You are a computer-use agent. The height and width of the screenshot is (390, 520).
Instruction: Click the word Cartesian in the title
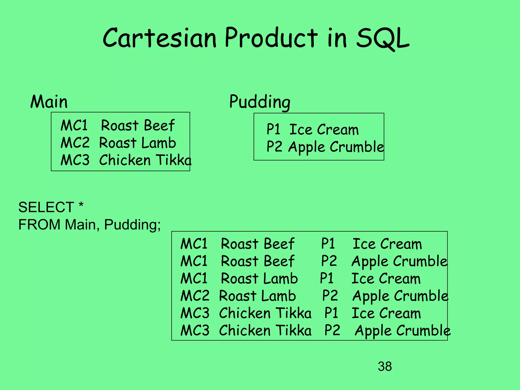point(159,38)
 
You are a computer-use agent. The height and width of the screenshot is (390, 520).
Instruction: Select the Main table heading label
point(49,102)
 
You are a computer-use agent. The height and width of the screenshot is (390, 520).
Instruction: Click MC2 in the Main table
point(75,143)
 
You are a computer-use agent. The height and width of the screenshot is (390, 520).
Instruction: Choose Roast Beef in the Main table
point(138,125)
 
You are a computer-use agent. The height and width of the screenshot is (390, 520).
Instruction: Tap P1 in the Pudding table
point(273,129)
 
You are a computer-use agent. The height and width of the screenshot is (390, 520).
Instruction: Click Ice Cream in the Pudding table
point(324,129)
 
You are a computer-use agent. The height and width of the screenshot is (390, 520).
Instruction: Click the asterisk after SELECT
point(81,205)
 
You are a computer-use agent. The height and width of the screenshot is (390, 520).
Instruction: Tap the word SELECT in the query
point(46,207)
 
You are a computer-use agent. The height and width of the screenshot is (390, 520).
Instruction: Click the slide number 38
point(385,366)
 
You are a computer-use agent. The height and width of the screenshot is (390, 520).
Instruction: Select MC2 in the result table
point(195,296)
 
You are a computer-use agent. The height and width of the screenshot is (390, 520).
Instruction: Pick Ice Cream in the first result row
point(387,244)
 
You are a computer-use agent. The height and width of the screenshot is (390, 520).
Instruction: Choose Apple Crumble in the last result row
point(403,331)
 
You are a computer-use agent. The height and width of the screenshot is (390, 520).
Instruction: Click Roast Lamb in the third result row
point(259,279)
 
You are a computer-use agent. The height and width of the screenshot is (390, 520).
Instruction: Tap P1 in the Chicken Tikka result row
point(331,313)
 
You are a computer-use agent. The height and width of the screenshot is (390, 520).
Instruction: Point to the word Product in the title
point(271,38)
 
